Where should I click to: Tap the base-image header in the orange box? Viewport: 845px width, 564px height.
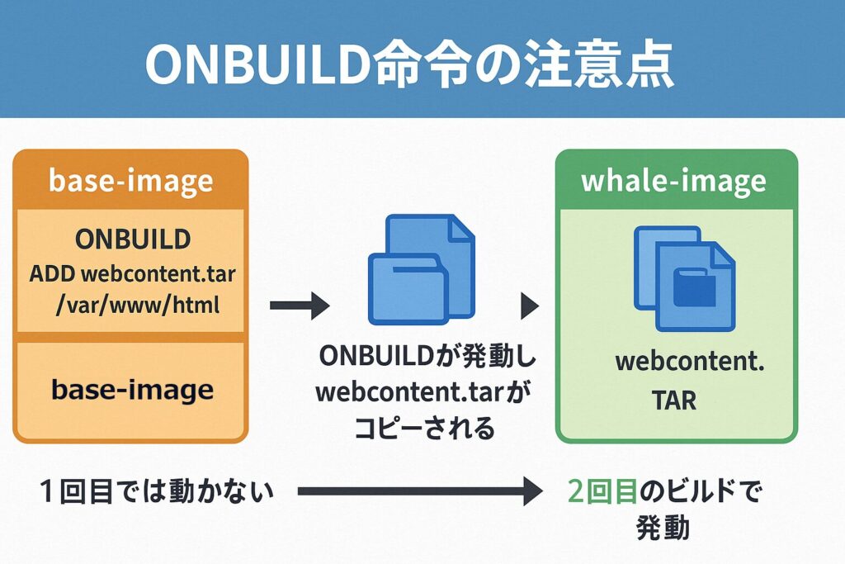click(130, 181)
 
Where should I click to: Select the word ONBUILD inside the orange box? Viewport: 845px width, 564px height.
click(133, 239)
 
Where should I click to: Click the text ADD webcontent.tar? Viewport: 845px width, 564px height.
click(133, 273)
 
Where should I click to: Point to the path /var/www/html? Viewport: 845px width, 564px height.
click(137, 306)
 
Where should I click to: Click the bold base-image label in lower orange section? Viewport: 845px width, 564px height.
click(132, 390)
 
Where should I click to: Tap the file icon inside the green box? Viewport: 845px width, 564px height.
click(682, 277)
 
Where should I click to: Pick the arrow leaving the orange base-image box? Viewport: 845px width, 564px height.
click(299, 306)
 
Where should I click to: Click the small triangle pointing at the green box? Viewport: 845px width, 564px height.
click(530, 306)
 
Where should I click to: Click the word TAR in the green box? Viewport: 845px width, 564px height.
click(673, 401)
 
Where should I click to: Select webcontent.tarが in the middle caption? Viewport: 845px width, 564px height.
click(424, 393)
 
